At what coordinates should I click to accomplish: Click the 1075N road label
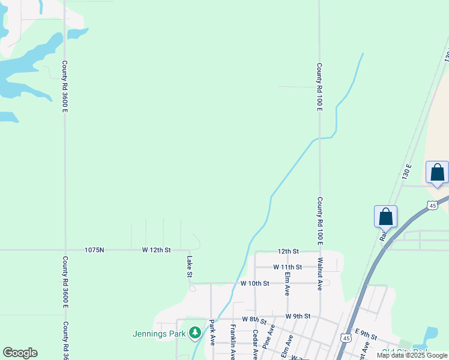tap(94, 250)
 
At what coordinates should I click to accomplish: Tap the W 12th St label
tap(157, 250)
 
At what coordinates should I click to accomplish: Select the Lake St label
tap(189, 267)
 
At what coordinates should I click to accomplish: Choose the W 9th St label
tap(298, 316)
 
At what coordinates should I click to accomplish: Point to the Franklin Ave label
tap(233, 342)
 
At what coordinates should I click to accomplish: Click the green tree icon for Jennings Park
tap(194, 332)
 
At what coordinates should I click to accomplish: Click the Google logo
tap(20, 353)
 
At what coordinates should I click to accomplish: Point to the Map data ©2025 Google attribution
tap(412, 355)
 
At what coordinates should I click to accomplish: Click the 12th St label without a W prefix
tap(288, 251)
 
